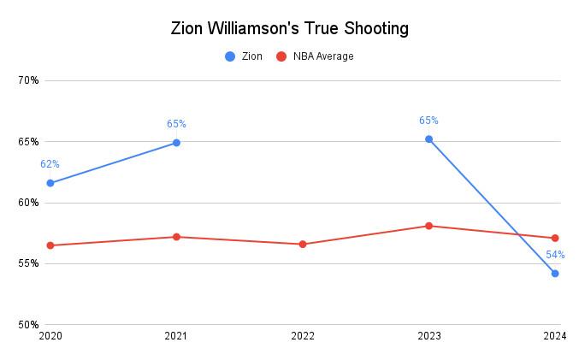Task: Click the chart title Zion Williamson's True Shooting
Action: pos(289,28)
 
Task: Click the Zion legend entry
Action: pos(244,56)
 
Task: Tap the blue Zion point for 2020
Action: pos(50,183)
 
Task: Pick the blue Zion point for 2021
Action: pos(176,143)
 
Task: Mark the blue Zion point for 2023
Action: pos(428,139)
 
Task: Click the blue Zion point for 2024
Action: pos(555,274)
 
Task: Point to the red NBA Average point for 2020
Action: pos(50,245)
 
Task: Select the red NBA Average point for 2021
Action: pos(176,237)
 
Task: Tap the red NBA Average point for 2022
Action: pos(303,245)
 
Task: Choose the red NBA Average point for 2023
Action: pos(428,226)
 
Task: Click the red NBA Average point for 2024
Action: pos(555,238)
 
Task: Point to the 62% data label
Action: pos(50,164)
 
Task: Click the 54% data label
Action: pos(555,255)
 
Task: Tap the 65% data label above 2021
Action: pos(176,124)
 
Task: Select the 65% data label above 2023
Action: pos(428,121)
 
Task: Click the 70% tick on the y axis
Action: pos(28,80)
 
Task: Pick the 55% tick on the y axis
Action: pos(28,263)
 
